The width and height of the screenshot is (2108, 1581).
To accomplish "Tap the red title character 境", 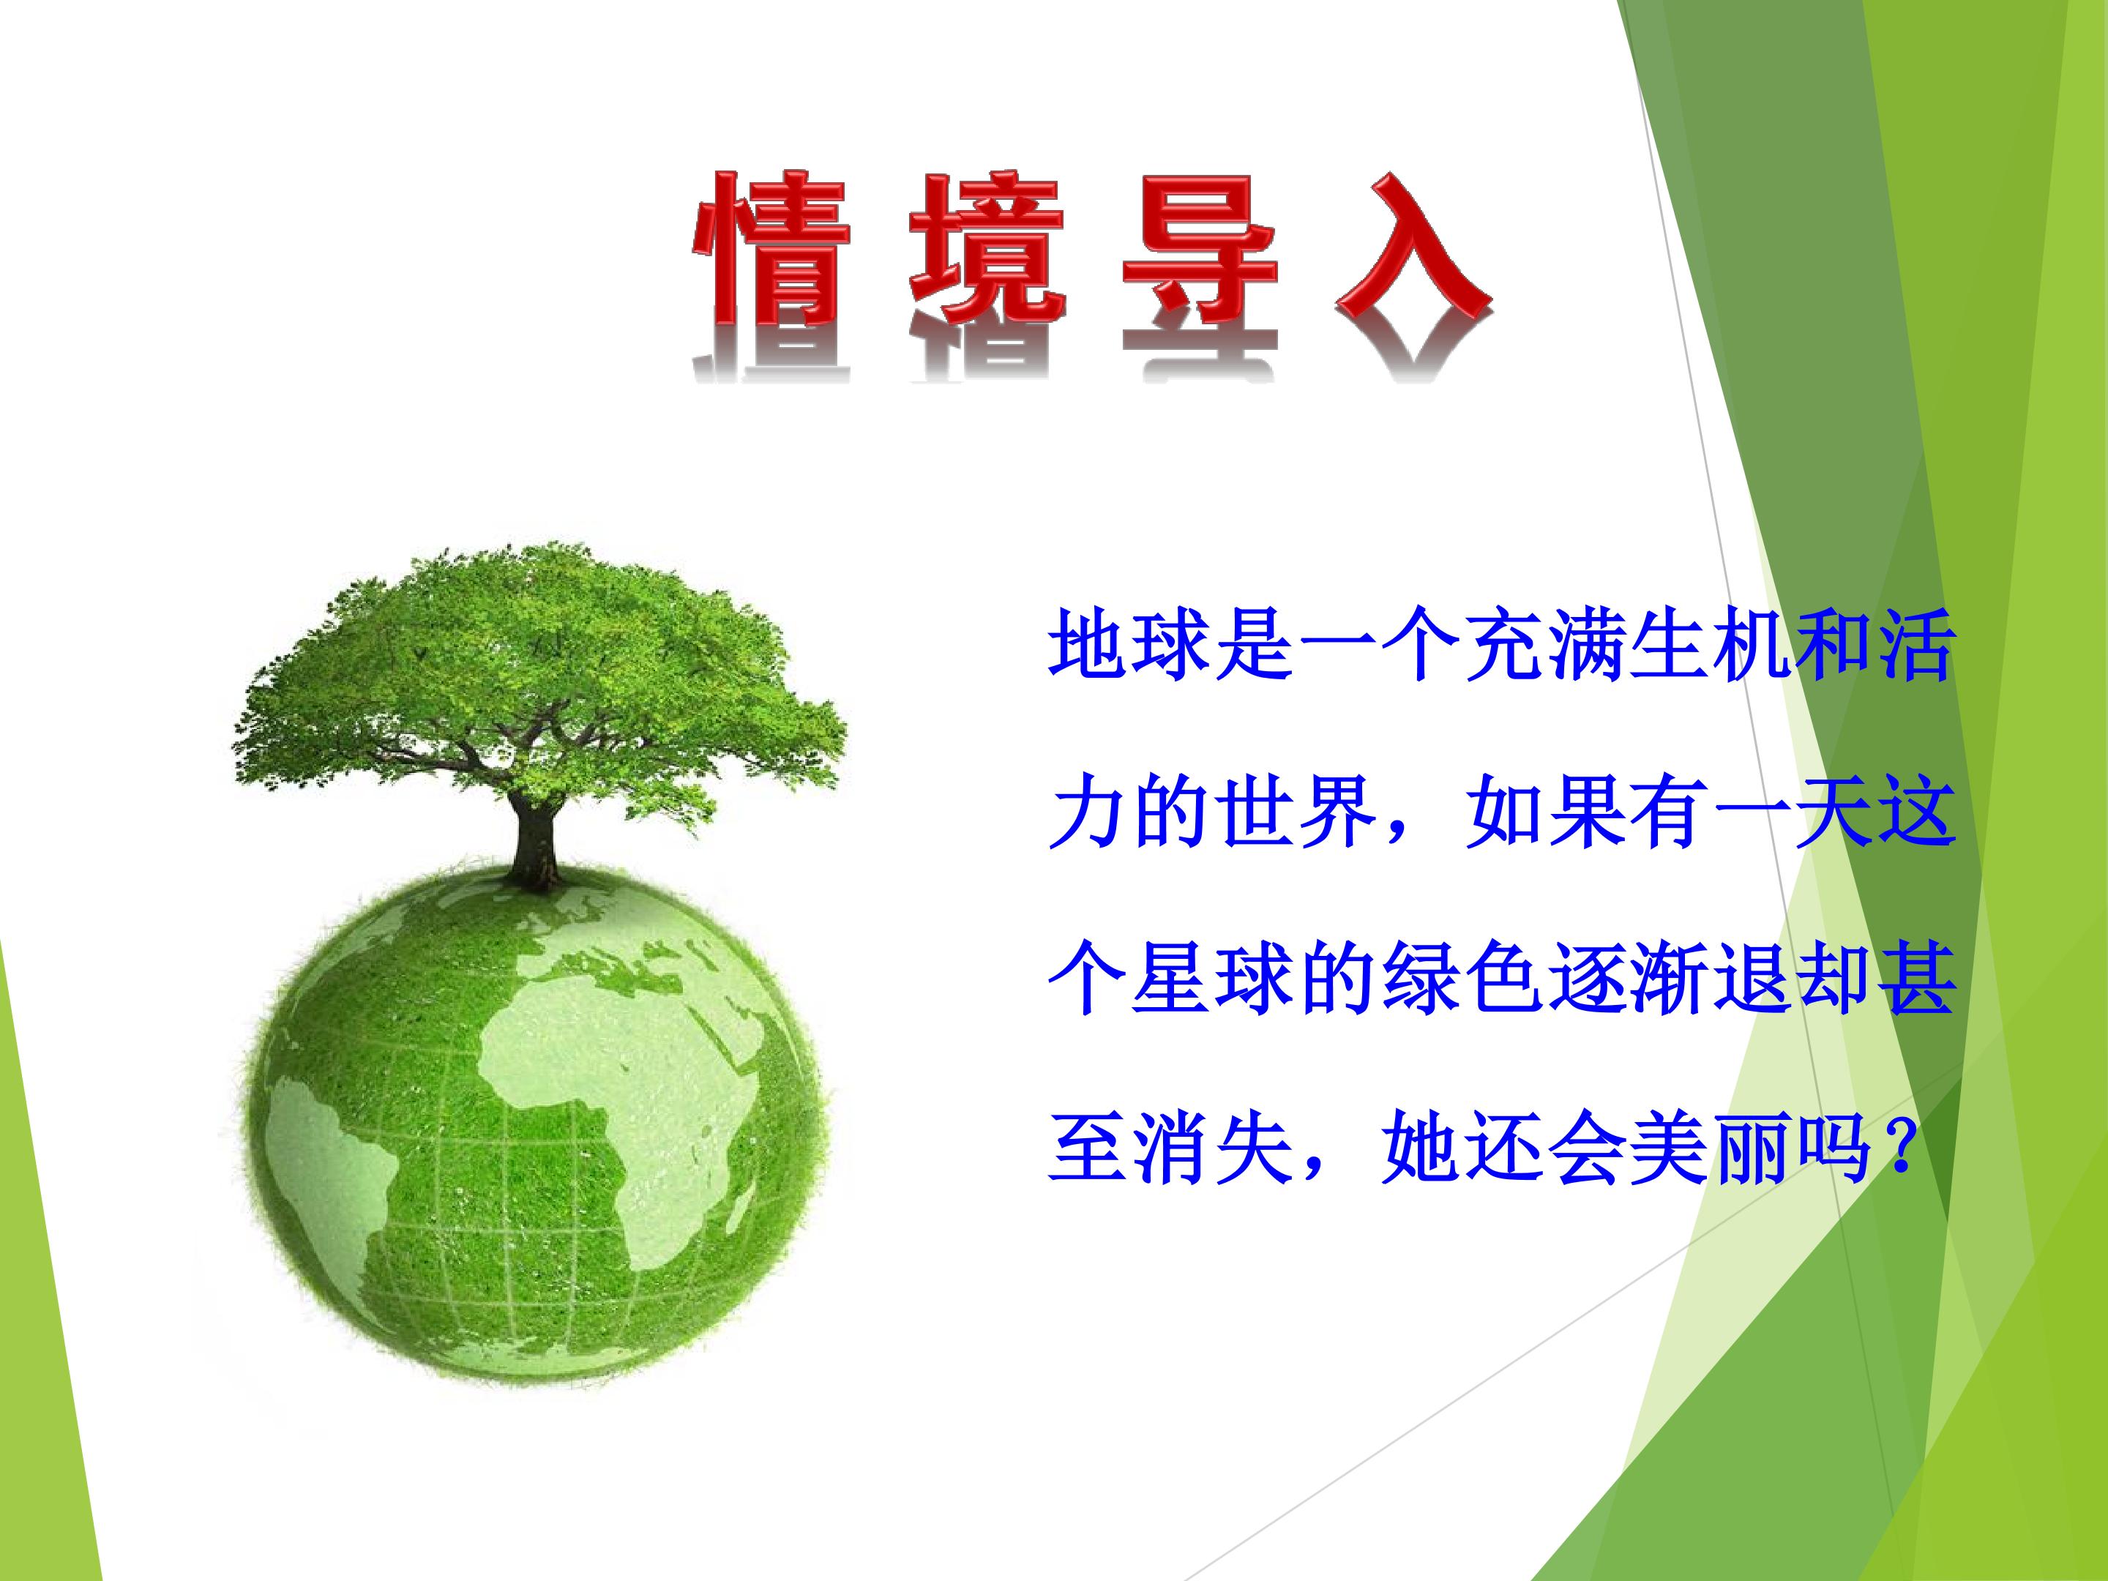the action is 987,249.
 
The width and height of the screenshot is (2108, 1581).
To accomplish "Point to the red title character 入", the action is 1413,249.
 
